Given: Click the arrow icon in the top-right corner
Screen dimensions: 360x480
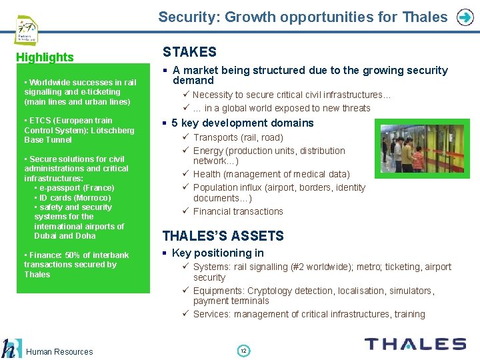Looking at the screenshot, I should pyautogui.click(x=465, y=17).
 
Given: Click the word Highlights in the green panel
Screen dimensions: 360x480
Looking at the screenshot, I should pyautogui.click(x=45, y=57).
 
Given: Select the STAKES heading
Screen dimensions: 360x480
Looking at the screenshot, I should pyautogui.click(x=190, y=52).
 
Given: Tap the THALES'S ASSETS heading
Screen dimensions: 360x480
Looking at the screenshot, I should pyautogui.click(x=223, y=236).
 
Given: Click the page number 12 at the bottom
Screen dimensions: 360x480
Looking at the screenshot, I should pyautogui.click(x=243, y=351).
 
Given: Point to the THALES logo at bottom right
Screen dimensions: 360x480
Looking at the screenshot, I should pyautogui.click(x=415, y=344).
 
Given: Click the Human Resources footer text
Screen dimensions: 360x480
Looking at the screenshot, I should pyautogui.click(x=60, y=351).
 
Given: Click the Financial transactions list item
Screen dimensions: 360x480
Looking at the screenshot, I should pyautogui.click(x=238, y=211).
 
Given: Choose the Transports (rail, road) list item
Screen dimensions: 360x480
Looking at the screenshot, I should pyautogui.click(x=238, y=137).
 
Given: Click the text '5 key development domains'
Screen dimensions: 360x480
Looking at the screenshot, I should pyautogui.click(x=242, y=123).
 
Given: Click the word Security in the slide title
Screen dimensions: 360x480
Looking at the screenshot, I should pyautogui.click(x=187, y=17).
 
